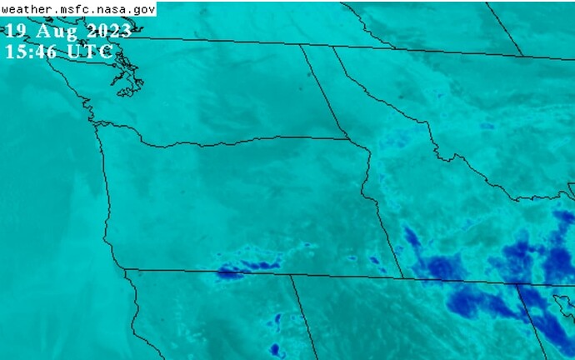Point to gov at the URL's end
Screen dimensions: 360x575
click(x=142, y=9)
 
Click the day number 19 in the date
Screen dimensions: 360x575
click(x=15, y=32)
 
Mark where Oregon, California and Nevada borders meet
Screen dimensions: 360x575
click(x=290, y=275)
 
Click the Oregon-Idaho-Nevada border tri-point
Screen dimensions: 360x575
click(x=403, y=278)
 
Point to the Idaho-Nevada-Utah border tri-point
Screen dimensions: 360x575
click(x=517, y=284)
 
